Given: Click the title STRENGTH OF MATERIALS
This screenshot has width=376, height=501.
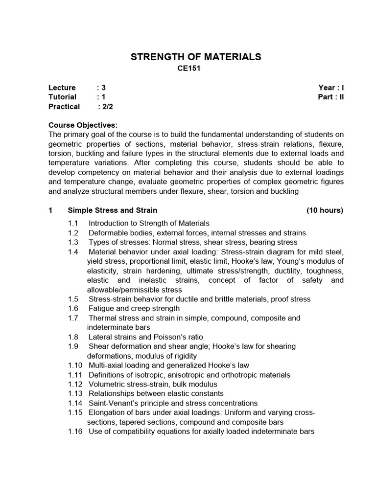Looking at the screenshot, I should click(x=196, y=57).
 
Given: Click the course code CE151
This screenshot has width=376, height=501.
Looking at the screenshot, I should click(x=189, y=69).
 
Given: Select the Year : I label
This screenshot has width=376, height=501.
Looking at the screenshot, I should click(x=331, y=88).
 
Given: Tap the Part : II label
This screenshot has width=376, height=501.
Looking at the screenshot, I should click(x=330, y=97).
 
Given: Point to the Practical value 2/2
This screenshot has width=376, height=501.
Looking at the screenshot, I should click(x=108, y=106).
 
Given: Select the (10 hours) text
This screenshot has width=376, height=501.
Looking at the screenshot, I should click(x=325, y=210).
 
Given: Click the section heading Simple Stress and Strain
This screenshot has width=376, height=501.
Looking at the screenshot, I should click(x=113, y=210).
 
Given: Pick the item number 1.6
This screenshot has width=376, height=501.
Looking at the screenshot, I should click(x=73, y=309).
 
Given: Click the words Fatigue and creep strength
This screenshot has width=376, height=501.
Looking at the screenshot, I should click(x=134, y=309).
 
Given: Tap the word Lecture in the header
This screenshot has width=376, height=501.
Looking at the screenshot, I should click(x=62, y=88).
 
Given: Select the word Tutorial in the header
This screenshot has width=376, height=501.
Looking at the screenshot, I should click(x=63, y=97).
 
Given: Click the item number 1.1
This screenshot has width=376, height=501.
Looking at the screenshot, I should click(x=73, y=224).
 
